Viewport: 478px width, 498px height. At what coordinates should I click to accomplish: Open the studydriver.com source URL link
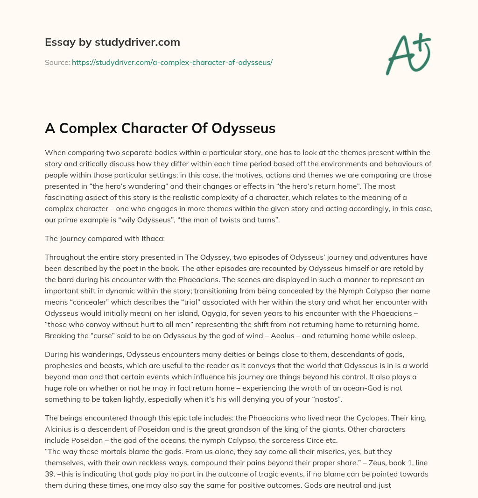pyautogui.click(x=172, y=62)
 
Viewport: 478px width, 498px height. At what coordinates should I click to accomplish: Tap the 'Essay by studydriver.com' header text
pyautogui.click(x=112, y=42)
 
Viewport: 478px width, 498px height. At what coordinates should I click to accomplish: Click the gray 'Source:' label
pyautogui.click(x=57, y=62)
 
